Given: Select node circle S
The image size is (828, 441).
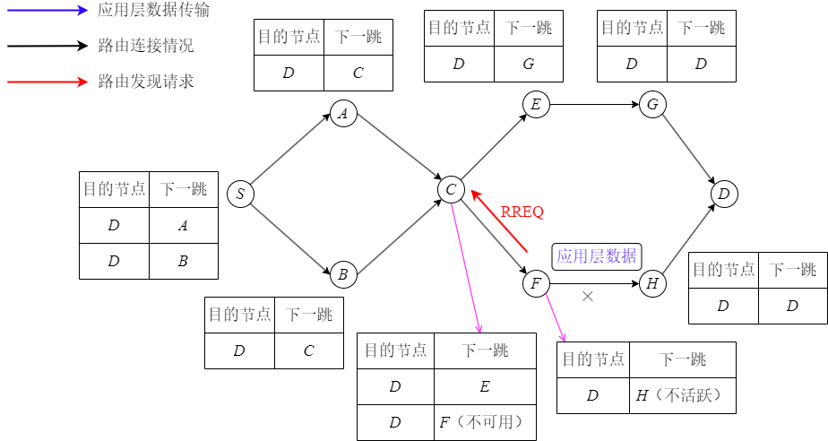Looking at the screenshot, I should click(x=240, y=194).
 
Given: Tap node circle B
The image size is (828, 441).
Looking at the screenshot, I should click(x=343, y=275).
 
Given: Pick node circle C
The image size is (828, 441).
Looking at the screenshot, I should click(x=451, y=189).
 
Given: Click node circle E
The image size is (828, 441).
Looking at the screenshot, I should click(x=536, y=105).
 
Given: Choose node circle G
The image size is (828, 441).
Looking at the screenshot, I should click(x=652, y=105).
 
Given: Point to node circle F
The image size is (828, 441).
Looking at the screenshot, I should click(x=536, y=284).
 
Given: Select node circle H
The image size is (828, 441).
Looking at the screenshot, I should click(x=652, y=284).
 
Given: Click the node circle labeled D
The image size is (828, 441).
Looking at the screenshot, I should click(x=724, y=194).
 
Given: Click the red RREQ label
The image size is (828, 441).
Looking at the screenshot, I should click(x=522, y=212).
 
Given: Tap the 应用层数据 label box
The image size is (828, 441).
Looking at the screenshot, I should click(x=597, y=256).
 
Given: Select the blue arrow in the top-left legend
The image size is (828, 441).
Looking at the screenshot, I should click(x=47, y=11).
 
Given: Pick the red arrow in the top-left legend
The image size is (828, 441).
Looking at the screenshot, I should click(x=47, y=82).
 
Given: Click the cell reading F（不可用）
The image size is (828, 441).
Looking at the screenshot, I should click(x=485, y=422).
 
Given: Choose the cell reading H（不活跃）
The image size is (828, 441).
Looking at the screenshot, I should click(x=682, y=395).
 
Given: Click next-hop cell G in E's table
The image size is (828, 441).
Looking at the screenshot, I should click(x=529, y=64).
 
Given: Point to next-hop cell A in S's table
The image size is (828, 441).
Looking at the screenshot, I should click(x=184, y=226).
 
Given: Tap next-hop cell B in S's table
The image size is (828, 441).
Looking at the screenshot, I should click(x=184, y=261).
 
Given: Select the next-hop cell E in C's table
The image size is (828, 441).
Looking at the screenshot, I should click(x=485, y=387).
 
